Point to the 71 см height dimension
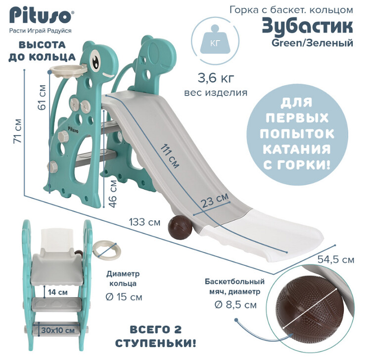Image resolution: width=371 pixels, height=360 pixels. click(x=18, y=130)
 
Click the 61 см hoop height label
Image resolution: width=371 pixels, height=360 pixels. click(x=42, y=97)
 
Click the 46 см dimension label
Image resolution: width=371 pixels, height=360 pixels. click(x=113, y=194)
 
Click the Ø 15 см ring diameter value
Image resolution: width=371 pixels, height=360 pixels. click(x=124, y=298)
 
